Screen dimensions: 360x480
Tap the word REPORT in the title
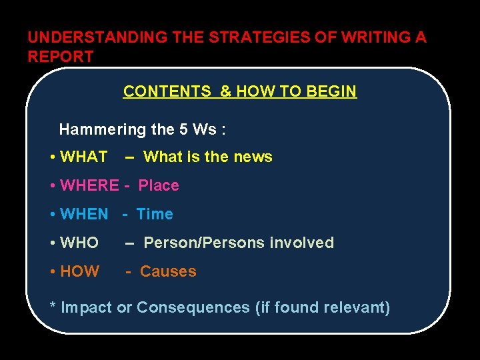tap(61, 57)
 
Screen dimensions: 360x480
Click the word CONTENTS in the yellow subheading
tap(167, 91)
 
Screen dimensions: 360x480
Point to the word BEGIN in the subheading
tap(331, 91)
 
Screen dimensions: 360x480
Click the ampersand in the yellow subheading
tap(224, 91)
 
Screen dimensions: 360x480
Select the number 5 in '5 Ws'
tap(183, 129)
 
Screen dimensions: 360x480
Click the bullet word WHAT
tap(83, 157)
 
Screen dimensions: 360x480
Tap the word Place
tap(159, 185)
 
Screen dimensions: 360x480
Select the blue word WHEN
tap(84, 214)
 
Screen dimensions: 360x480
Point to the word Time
tap(155, 214)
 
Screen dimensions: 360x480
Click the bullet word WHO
tap(79, 243)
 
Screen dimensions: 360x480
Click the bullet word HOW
tap(79, 271)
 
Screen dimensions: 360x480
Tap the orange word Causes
tap(168, 271)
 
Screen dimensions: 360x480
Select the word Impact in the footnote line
tap(87, 307)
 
